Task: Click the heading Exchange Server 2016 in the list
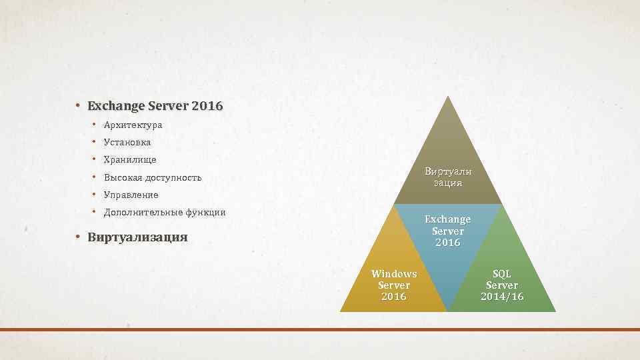(155, 106)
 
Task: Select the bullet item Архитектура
(133, 125)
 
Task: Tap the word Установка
(127, 142)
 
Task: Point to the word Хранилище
(130, 160)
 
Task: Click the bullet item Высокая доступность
(153, 177)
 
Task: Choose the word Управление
(131, 195)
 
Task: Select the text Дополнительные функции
(165, 212)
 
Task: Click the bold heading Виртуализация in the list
(137, 237)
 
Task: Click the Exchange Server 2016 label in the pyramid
(447, 231)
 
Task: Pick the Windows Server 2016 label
(393, 285)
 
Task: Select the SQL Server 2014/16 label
(501, 285)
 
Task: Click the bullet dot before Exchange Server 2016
(78, 106)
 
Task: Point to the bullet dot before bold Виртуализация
(78, 237)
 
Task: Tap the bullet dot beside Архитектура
(95, 125)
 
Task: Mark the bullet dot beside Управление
(95, 195)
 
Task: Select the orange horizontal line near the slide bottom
(320, 329)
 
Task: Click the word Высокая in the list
(123, 177)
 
